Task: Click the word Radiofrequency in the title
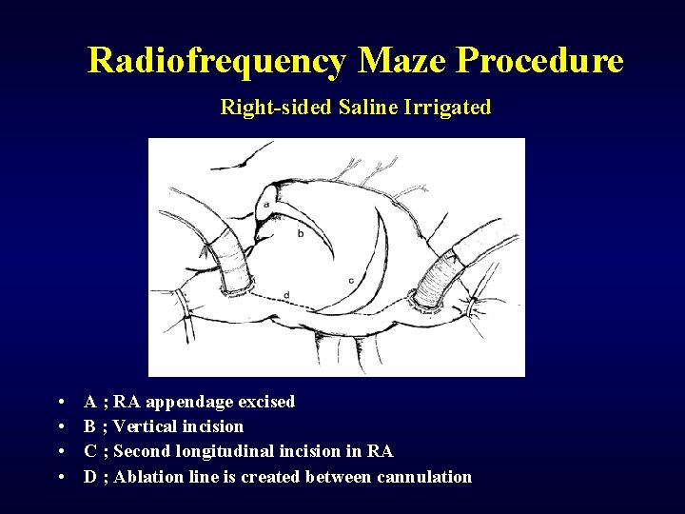[x=217, y=61]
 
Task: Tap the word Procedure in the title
[x=539, y=61]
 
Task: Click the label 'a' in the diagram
[x=265, y=204]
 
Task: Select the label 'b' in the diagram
[x=301, y=233]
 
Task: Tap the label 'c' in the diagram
[x=352, y=280]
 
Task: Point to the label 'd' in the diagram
[x=287, y=296]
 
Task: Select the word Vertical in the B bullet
[x=144, y=426]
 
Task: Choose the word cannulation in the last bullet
[x=424, y=477]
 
